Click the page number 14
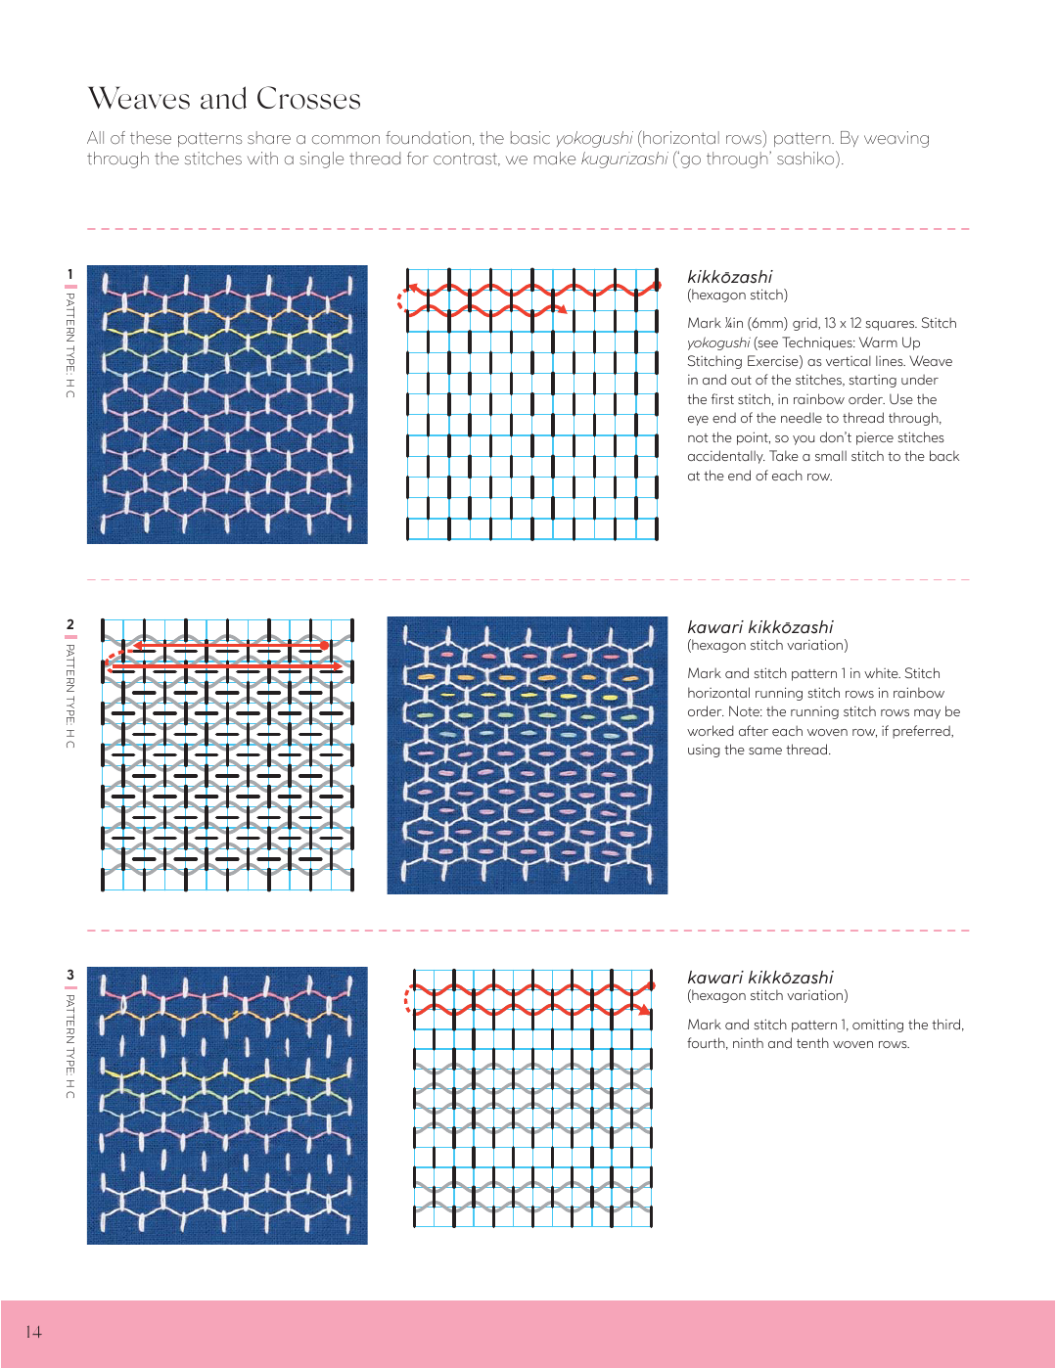33,1332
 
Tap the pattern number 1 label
69,274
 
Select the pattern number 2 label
69,624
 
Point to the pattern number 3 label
69,975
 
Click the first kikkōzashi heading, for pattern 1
729,277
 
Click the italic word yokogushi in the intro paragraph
593,139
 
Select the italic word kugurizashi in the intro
623,160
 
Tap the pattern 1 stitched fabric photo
227,404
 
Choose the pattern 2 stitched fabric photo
527,754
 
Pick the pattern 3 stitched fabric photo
227,1106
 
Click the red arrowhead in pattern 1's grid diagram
562,309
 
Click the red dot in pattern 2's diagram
324,646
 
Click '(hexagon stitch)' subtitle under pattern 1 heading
737,296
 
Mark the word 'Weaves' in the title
139,99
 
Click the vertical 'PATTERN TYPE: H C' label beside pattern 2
69,696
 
